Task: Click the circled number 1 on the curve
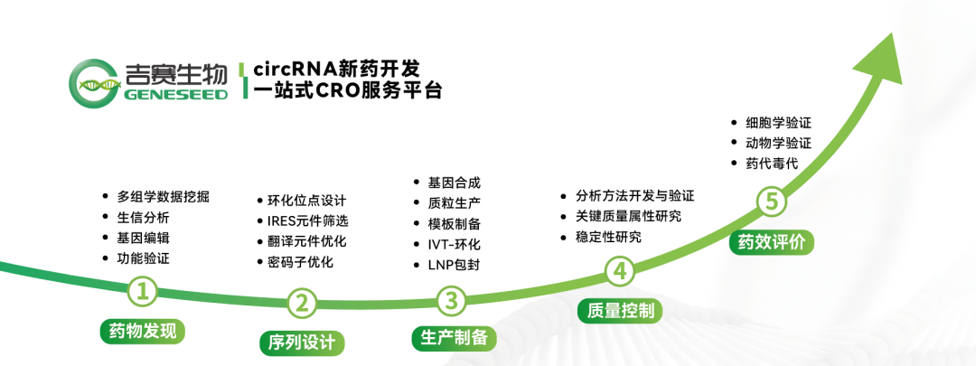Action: pyautogui.click(x=143, y=292)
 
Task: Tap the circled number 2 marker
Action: pyautogui.click(x=302, y=303)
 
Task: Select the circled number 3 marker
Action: pyautogui.click(x=451, y=301)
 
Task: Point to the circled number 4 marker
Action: pyautogui.click(x=620, y=271)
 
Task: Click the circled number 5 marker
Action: pyautogui.click(x=771, y=202)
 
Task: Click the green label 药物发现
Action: pyautogui.click(x=143, y=331)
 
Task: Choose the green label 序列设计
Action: pyautogui.click(x=302, y=343)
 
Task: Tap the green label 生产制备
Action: pyautogui.click(x=454, y=338)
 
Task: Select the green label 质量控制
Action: pyautogui.click(x=620, y=310)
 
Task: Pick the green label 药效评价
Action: pyautogui.click(x=771, y=242)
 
